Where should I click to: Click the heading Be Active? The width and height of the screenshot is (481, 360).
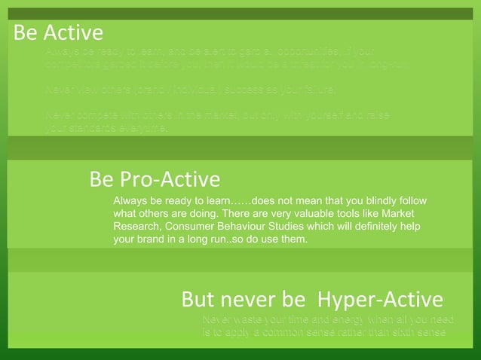58,33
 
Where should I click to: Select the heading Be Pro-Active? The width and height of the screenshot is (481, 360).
155,179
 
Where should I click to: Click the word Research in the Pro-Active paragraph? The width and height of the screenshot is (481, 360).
136,227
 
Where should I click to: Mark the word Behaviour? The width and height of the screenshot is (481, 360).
253,227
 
